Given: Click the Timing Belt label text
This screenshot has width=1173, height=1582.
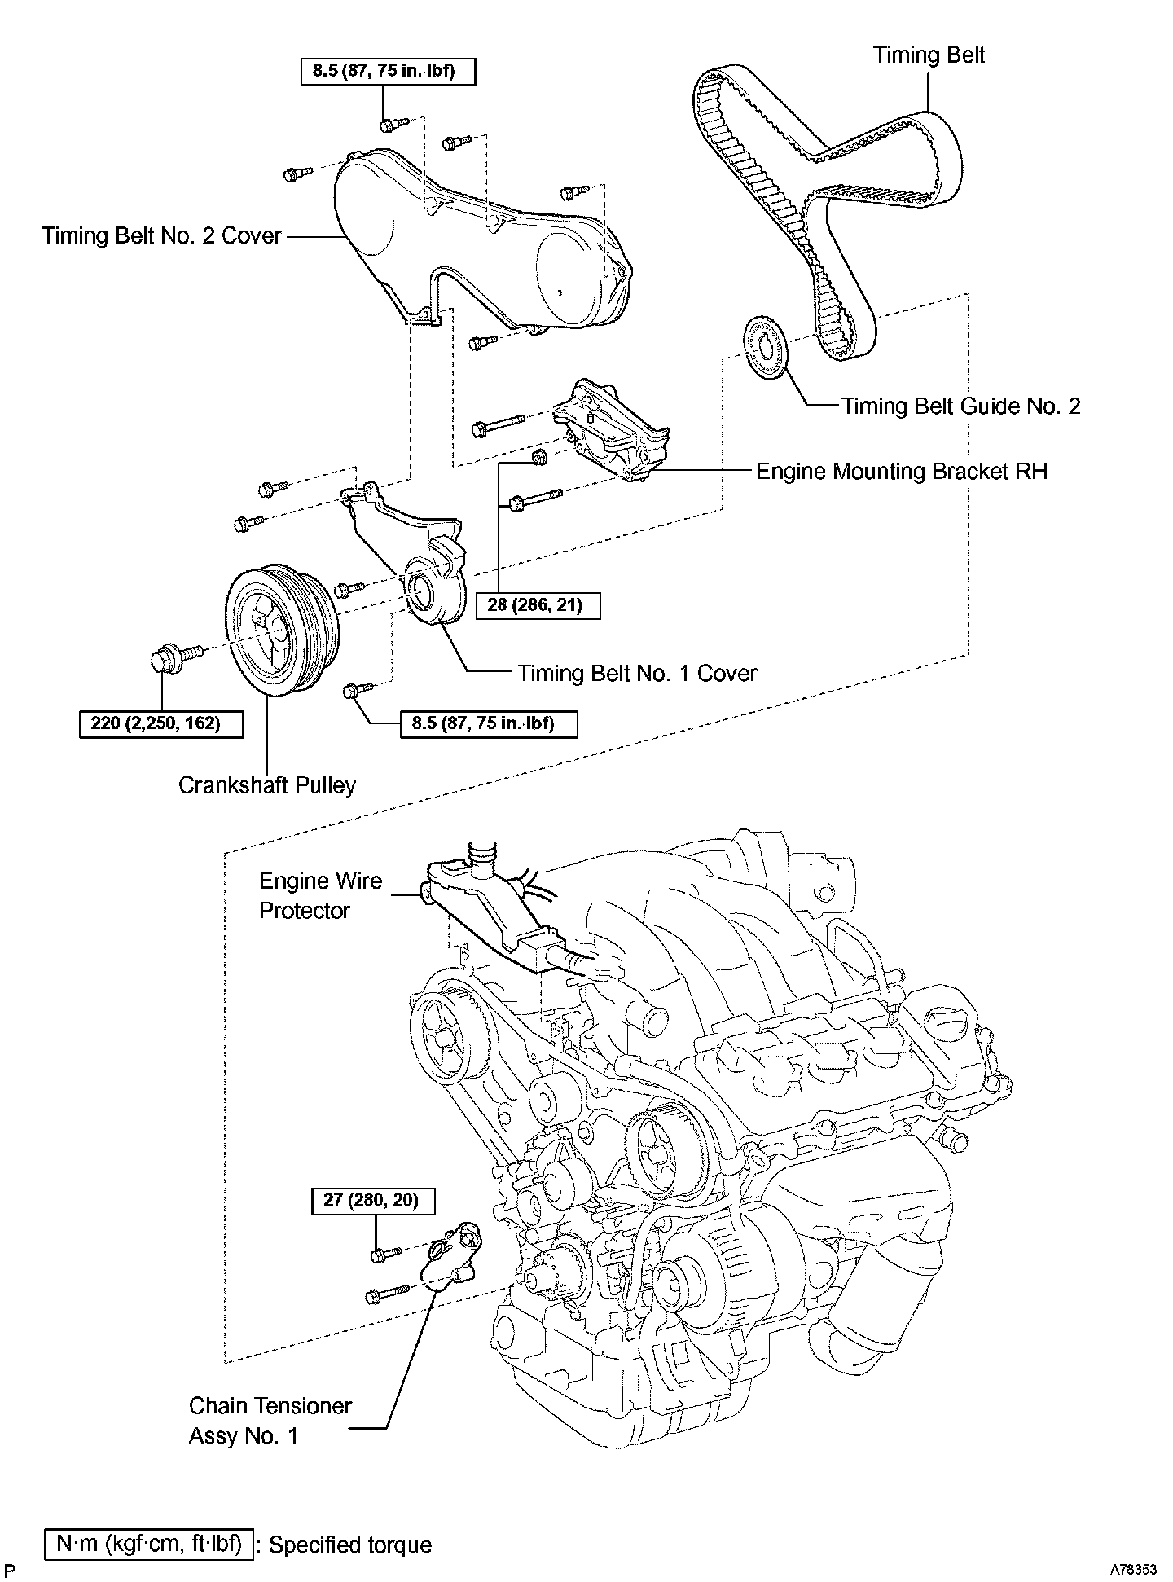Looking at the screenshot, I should tap(929, 55).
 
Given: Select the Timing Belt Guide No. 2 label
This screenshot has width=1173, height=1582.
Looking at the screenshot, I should tap(960, 406).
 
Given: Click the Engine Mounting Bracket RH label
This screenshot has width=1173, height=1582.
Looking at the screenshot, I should tap(902, 472).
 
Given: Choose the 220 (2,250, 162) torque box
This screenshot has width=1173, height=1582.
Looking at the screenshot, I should tap(161, 723).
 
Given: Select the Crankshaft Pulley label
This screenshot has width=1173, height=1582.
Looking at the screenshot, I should tap(267, 784).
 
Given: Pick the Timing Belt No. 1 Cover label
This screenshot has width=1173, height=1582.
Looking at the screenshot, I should tap(637, 673).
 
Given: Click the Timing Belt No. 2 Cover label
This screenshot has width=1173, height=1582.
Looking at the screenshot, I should tap(161, 236).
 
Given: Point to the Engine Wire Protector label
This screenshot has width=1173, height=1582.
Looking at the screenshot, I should tap(319, 895).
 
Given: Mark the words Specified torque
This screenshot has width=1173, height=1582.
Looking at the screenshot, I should tap(350, 1545).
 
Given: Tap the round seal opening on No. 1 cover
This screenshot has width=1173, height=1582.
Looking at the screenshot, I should tap(423, 589).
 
